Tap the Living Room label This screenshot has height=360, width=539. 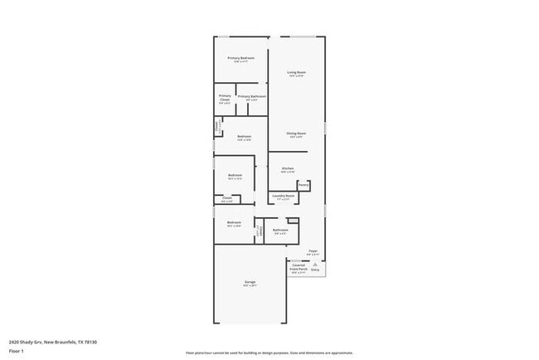(x=297, y=72)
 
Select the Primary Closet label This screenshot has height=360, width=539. (x=225, y=97)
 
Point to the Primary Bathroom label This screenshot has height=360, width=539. (x=251, y=96)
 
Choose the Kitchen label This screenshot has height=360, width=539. (x=288, y=168)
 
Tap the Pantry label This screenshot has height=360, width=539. (x=304, y=185)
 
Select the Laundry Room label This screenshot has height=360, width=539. (x=284, y=196)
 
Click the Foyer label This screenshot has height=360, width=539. (x=313, y=250)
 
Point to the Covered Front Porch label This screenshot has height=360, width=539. (x=299, y=267)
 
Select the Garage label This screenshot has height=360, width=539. (x=250, y=282)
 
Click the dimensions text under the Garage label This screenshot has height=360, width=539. (x=250, y=286)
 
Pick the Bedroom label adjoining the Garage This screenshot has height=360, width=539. (x=234, y=221)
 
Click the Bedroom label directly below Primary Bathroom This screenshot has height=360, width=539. (x=244, y=136)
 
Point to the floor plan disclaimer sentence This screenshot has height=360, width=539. (x=269, y=353)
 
